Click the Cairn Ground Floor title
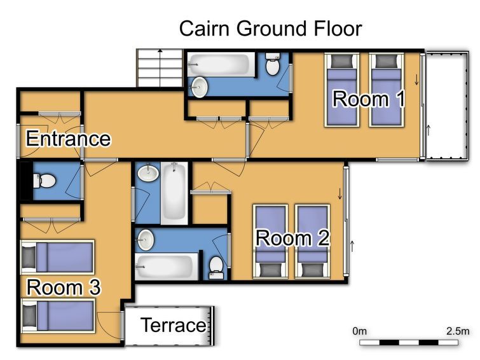point(271,29)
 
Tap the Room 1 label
point(369,99)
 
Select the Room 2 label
point(292,238)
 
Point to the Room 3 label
point(64,287)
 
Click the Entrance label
point(68,139)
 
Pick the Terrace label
point(174,325)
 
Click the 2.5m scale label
point(458,331)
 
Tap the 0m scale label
point(359,331)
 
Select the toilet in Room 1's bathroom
point(273,64)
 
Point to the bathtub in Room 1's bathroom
point(221,65)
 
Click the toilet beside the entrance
point(44,181)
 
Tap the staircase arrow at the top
point(160,67)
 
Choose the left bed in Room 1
point(341,90)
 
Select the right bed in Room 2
point(312,242)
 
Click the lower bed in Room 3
point(58,316)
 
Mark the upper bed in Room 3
point(57,258)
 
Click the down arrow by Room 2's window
point(339,193)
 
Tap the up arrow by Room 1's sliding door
point(429,130)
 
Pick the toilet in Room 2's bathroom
point(216,268)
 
